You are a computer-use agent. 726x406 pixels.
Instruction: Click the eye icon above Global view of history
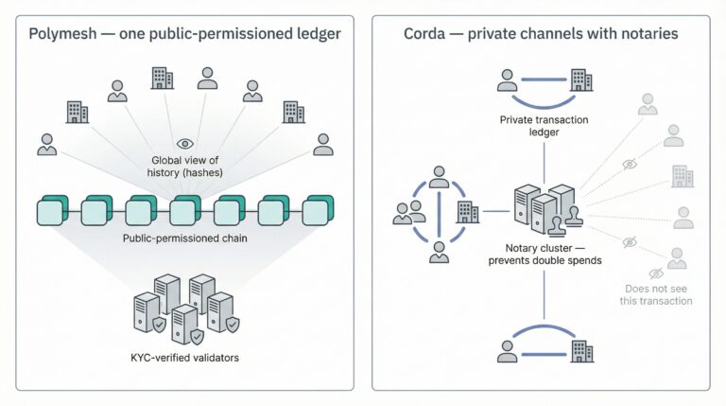tap(184, 144)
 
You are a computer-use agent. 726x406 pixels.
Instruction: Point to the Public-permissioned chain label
tap(184, 238)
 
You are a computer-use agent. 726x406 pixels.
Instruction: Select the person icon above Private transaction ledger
tap(508, 81)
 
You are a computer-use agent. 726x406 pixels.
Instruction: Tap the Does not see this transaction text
tap(658, 294)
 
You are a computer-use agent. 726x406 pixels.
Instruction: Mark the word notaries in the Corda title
tap(647, 35)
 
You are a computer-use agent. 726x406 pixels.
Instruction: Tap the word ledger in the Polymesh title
tap(319, 35)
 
